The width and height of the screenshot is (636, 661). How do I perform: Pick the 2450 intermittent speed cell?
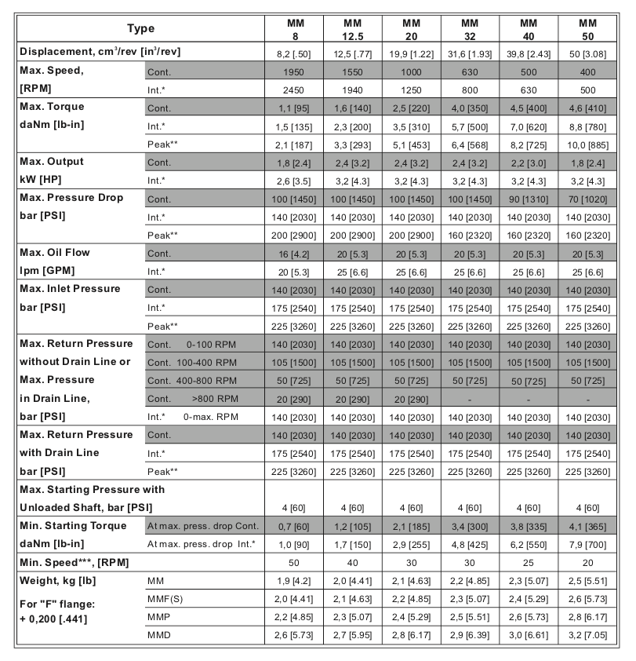tap(294, 88)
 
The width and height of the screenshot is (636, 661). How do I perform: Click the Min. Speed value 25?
tap(527, 562)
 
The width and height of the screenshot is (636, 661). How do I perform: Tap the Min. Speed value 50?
tap(294, 562)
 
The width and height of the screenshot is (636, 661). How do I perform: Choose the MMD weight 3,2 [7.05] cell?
tap(586, 635)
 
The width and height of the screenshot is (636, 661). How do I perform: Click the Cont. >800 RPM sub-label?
tap(191, 398)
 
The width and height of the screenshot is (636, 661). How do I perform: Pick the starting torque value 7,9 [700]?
tap(586, 544)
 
